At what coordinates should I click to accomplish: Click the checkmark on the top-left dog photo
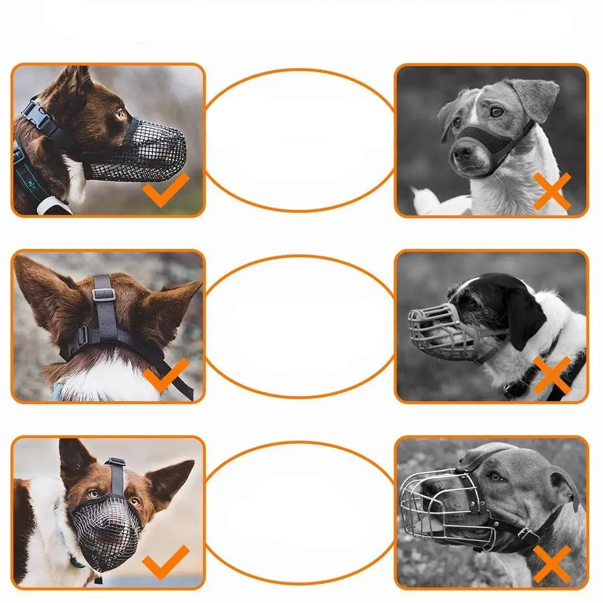click(165, 189)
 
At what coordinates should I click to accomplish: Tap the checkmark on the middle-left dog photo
click(165, 374)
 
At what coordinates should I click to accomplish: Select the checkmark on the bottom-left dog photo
click(165, 561)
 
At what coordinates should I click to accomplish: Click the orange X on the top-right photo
click(552, 191)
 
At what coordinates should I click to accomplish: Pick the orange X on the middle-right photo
click(552, 374)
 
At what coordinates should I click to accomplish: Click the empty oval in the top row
click(300, 140)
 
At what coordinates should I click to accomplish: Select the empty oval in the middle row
click(300, 326)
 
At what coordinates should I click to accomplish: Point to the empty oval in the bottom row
click(300, 513)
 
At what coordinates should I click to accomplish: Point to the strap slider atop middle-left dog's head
click(103, 294)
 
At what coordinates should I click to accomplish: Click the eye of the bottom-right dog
click(496, 476)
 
